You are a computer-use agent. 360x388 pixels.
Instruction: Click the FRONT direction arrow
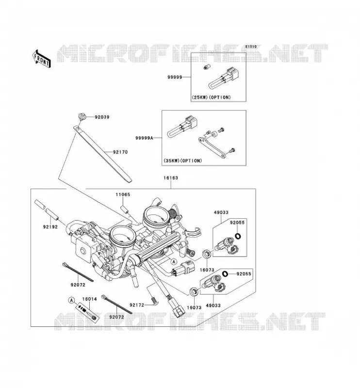tap(42, 59)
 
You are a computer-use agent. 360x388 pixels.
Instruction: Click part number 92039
tap(102, 117)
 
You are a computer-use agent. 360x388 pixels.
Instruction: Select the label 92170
tap(120, 152)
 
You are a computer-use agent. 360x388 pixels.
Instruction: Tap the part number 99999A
tap(145, 138)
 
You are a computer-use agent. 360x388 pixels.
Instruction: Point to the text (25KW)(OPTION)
tap(211, 97)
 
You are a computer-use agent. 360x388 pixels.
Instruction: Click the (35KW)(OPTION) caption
tap(183, 161)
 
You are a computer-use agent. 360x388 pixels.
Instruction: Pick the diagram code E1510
tap(251, 47)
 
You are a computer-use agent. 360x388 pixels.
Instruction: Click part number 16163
tap(171, 178)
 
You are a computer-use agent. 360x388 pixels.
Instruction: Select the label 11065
tap(123, 195)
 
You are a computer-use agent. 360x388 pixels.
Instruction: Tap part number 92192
tap(50, 227)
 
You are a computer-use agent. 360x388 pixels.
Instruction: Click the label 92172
tap(137, 305)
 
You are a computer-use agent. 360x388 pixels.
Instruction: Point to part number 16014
tap(89, 299)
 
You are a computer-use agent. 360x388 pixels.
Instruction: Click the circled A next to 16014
tap(71, 300)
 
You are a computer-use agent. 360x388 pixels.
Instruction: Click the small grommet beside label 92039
tap(82, 116)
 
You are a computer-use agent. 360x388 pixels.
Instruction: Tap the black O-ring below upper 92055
tap(238, 236)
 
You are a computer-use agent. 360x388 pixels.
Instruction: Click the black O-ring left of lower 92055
tap(225, 274)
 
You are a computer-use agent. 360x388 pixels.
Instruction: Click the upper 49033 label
tap(221, 212)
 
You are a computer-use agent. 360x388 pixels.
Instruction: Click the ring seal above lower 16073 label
tap(194, 291)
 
